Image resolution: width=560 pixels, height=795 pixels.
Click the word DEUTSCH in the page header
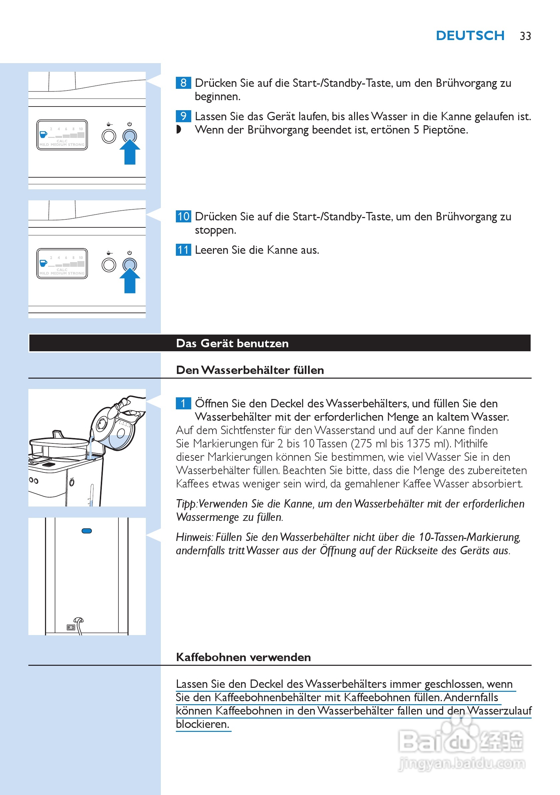point(470,36)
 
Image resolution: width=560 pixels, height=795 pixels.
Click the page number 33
point(525,36)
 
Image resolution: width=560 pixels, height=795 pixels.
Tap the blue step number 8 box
point(183,83)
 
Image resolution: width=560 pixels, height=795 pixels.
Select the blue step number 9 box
point(183,116)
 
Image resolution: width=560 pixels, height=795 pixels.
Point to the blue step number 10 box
point(183,216)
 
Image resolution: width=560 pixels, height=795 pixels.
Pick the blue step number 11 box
point(183,250)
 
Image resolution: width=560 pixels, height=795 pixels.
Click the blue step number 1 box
point(183,403)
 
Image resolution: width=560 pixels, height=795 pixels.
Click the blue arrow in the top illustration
point(130,152)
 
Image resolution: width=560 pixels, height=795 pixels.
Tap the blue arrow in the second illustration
point(130,281)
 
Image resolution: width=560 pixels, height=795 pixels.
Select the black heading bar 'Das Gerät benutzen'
point(280,343)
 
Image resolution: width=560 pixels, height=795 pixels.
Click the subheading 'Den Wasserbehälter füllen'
point(250,370)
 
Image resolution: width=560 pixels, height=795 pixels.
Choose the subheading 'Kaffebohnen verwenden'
point(243,657)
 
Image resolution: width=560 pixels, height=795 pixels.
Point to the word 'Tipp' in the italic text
point(186,504)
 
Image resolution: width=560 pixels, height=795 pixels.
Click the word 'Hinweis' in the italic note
point(194,537)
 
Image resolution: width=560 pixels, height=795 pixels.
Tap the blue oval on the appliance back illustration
point(86,531)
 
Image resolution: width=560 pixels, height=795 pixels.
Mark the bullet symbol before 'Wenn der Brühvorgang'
point(179,130)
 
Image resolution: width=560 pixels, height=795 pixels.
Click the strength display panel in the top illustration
point(62,135)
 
